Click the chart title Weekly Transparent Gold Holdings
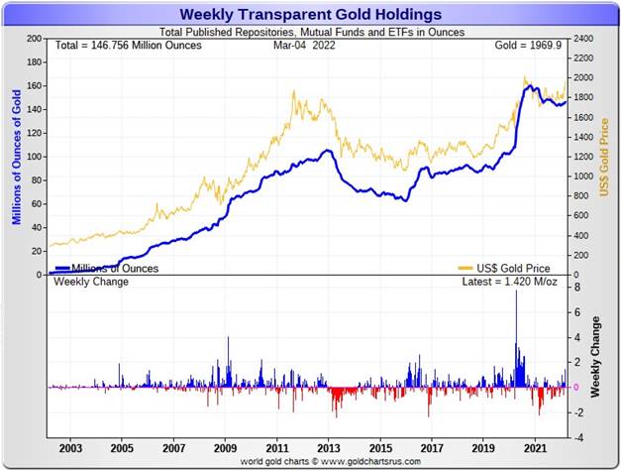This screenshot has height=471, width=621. click(310, 14)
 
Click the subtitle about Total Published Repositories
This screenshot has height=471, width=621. click(310, 32)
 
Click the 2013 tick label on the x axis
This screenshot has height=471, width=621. click(329, 448)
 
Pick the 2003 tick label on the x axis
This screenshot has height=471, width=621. click(70, 448)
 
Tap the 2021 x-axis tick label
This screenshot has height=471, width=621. click(535, 448)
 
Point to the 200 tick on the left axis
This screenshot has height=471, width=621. click(34, 39)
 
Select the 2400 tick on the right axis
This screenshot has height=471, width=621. click(582, 39)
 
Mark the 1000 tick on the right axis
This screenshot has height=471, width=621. click(582, 177)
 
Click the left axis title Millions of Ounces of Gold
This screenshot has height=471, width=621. click(15, 157)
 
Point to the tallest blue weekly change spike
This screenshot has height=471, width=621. click(516, 294)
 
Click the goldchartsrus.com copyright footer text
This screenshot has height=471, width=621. click(310, 462)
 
